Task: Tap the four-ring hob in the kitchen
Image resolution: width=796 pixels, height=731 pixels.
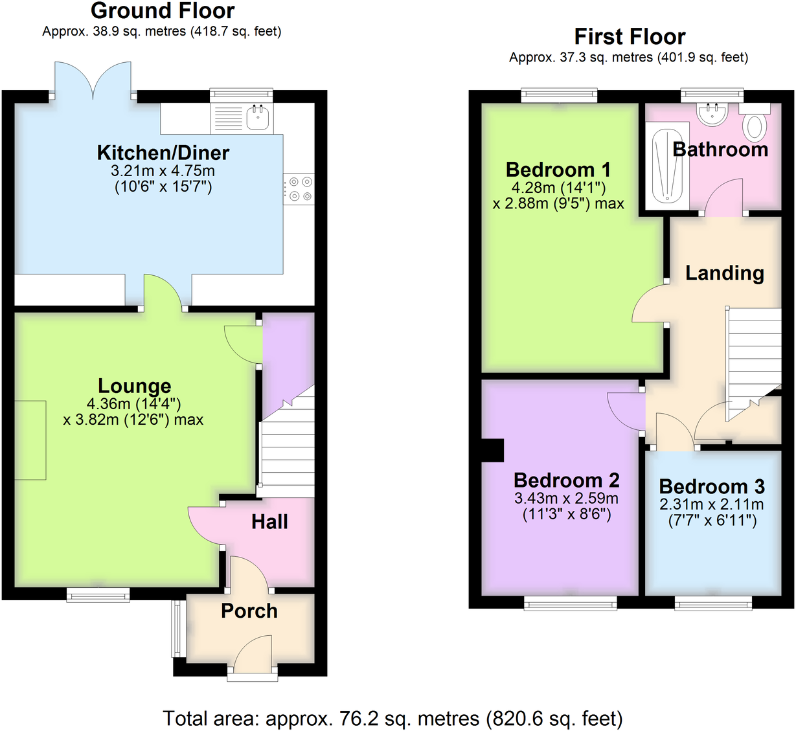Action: click(x=299, y=189)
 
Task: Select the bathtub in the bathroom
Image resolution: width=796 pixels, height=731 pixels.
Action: click(x=667, y=166)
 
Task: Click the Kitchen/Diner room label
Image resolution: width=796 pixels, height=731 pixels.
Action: click(x=163, y=153)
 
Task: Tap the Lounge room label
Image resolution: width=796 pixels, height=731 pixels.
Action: click(x=135, y=386)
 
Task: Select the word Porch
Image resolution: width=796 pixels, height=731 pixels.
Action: click(x=249, y=611)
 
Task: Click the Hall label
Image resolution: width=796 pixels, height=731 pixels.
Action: click(x=269, y=522)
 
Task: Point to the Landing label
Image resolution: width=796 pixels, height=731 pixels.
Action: click(x=724, y=273)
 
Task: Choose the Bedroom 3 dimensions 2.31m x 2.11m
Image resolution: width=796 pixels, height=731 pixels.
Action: click(x=711, y=504)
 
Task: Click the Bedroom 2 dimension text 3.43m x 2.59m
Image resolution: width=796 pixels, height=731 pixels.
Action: click(x=566, y=499)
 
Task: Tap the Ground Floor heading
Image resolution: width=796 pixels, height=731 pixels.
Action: click(x=163, y=11)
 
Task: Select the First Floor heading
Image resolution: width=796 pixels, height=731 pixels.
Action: click(x=629, y=37)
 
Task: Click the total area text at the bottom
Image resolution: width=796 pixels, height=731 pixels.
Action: click(x=392, y=718)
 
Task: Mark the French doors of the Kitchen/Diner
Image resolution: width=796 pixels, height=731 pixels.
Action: click(x=93, y=81)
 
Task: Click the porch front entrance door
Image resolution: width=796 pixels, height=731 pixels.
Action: click(x=253, y=655)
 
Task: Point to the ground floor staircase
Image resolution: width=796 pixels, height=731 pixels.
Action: click(x=287, y=447)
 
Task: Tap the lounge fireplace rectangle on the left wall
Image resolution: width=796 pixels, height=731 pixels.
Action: click(x=30, y=440)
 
